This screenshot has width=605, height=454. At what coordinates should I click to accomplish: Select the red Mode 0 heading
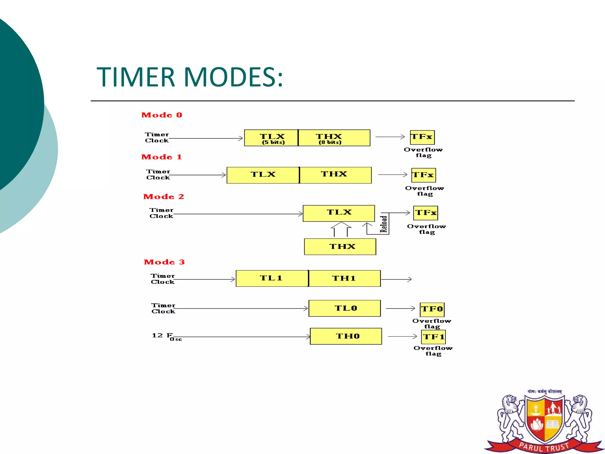[x=162, y=115]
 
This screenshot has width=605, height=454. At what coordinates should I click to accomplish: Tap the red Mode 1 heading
[x=162, y=157]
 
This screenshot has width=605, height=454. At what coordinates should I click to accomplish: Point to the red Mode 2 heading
[x=164, y=197]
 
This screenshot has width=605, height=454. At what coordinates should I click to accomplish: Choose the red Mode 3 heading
[x=164, y=262]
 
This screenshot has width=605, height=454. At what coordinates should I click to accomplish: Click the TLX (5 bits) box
[x=271, y=138]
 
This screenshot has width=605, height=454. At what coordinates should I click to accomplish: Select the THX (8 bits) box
[x=334, y=138]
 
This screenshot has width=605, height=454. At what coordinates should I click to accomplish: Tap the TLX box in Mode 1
[x=263, y=175]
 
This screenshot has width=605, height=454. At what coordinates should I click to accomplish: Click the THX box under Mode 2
[x=340, y=247]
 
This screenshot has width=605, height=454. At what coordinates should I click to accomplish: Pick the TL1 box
[x=272, y=278]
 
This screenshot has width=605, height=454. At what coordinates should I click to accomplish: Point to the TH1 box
[x=344, y=278]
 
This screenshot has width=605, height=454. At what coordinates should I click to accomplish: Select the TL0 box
[x=345, y=308]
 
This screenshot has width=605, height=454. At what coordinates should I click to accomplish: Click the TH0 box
[x=346, y=336]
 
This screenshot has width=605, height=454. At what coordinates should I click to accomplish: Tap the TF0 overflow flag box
[x=432, y=309]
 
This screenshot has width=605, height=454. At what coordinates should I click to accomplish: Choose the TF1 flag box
[x=433, y=337]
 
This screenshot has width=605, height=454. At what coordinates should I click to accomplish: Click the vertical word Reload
[x=384, y=224]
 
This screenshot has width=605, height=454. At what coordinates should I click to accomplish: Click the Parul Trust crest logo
[x=544, y=421]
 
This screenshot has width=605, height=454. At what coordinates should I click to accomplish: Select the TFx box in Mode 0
[x=422, y=137]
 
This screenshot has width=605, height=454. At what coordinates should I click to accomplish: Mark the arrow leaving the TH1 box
[x=396, y=279]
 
